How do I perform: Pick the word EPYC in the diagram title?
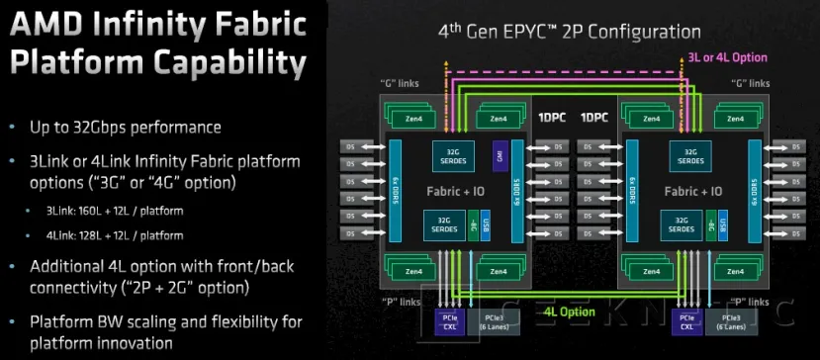[535, 32]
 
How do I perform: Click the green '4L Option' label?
[570, 312]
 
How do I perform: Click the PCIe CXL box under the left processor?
[450, 322]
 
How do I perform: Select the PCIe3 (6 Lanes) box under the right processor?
[732, 322]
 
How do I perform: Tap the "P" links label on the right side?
[751, 302]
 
